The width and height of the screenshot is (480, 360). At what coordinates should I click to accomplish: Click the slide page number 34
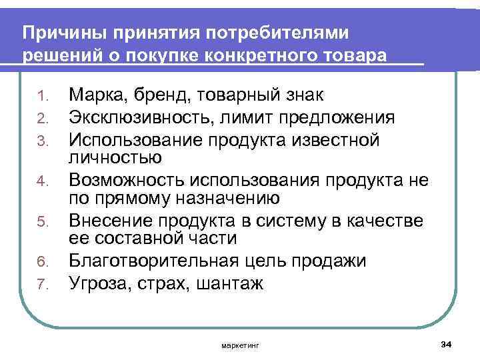tap(447, 343)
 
